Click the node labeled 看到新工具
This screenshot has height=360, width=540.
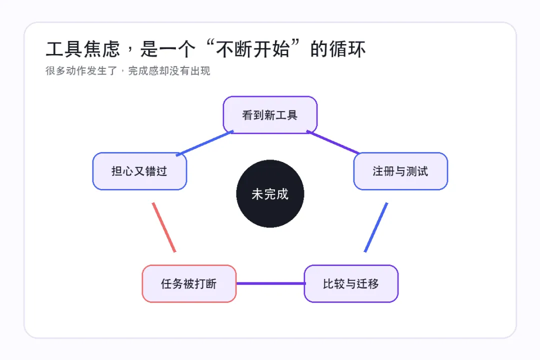click(x=270, y=114)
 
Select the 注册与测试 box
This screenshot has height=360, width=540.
click(x=400, y=171)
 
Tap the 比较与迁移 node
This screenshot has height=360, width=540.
click(x=351, y=283)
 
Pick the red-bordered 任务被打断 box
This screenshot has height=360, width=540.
click(x=189, y=283)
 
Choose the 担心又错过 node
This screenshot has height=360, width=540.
click(x=139, y=171)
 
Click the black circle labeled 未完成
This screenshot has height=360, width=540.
click(x=270, y=193)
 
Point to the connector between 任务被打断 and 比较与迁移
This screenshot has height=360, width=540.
click(x=270, y=283)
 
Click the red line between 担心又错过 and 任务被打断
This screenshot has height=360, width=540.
click(x=164, y=227)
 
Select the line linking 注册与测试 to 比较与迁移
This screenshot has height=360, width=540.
click(x=376, y=227)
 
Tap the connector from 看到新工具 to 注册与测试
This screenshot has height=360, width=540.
click(x=333, y=142)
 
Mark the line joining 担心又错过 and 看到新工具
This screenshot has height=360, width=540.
click(x=204, y=143)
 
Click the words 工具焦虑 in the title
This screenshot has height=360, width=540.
click(x=83, y=49)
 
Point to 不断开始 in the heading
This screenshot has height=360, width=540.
click(x=253, y=49)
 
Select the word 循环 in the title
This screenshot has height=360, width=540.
click(x=347, y=49)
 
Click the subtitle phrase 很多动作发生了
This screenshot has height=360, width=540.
click(x=81, y=70)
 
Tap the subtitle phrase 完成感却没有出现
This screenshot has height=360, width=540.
click(x=169, y=70)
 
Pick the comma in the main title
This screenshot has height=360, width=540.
click(x=130, y=50)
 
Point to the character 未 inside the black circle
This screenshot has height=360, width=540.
click(x=257, y=194)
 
